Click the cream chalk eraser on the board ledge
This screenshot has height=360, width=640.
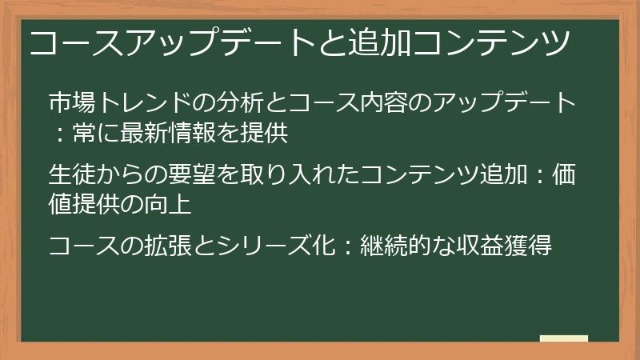click(564, 339)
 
